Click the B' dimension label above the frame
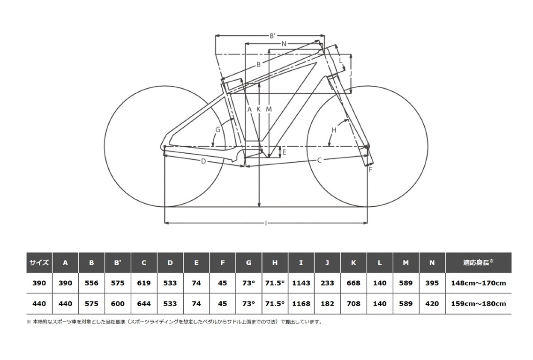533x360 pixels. (272, 36)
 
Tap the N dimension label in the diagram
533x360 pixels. (284, 44)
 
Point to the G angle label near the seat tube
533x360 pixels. (218, 129)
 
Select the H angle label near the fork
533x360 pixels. (334, 130)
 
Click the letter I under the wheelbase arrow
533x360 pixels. (266, 223)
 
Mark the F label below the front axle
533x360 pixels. (370, 170)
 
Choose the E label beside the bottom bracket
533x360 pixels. (285, 152)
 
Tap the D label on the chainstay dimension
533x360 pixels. (203, 161)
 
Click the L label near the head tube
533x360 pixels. (341, 60)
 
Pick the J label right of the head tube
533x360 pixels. (351, 73)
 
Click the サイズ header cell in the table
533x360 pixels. (39, 262)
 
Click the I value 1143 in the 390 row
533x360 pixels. (301, 283)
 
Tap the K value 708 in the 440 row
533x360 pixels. (353, 304)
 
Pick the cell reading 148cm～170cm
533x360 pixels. (478, 283)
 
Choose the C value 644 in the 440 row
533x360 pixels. (144, 304)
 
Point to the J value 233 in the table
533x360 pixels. (327, 283)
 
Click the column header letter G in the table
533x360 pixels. (249, 262)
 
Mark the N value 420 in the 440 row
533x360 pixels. (432, 304)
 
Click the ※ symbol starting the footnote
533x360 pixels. (29, 322)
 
